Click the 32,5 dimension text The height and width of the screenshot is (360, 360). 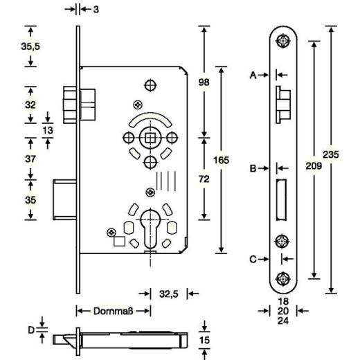(169, 294)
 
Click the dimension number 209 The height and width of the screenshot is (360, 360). (316, 166)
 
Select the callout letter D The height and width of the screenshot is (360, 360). (30, 330)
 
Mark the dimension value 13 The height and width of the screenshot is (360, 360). (48, 129)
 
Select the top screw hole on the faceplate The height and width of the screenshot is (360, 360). (282, 41)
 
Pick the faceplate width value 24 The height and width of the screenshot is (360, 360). (282, 321)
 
